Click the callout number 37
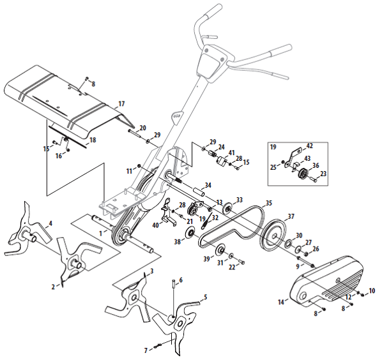(290, 216)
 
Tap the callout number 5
(205, 297)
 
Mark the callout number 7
(146, 349)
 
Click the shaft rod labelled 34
(190, 189)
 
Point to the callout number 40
(155, 225)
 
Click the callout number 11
(129, 170)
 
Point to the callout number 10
(372, 291)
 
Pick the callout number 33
(240, 200)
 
